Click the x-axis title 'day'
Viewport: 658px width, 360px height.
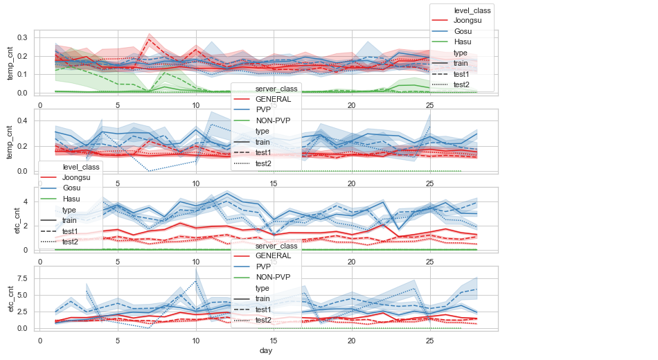click(x=266, y=352)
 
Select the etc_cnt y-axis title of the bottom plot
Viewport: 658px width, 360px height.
click(x=11, y=298)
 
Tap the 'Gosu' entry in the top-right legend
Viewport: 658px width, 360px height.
click(x=463, y=32)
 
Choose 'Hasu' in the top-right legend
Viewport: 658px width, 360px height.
click(x=463, y=42)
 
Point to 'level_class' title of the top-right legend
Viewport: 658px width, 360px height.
click(x=472, y=10)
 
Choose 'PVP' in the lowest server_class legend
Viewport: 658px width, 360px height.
click(x=264, y=267)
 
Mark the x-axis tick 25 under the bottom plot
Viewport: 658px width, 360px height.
click(x=429, y=341)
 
